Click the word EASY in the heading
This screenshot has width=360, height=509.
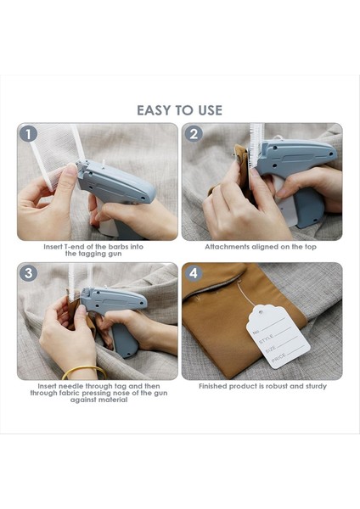click(x=152, y=110)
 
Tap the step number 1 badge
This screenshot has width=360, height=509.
click(x=29, y=134)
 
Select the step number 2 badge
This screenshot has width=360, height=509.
click(x=194, y=134)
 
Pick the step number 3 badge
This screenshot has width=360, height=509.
click(x=29, y=273)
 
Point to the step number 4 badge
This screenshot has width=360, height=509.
click(x=194, y=273)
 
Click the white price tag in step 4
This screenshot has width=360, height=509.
click(x=278, y=337)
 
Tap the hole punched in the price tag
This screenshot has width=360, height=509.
click(x=261, y=312)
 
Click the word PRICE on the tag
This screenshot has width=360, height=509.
click(x=278, y=358)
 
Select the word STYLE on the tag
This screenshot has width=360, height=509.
click(x=266, y=338)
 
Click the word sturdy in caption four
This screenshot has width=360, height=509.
click(x=315, y=387)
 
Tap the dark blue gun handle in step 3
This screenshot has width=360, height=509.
click(x=125, y=340)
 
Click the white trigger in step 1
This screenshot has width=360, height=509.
click(x=107, y=223)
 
